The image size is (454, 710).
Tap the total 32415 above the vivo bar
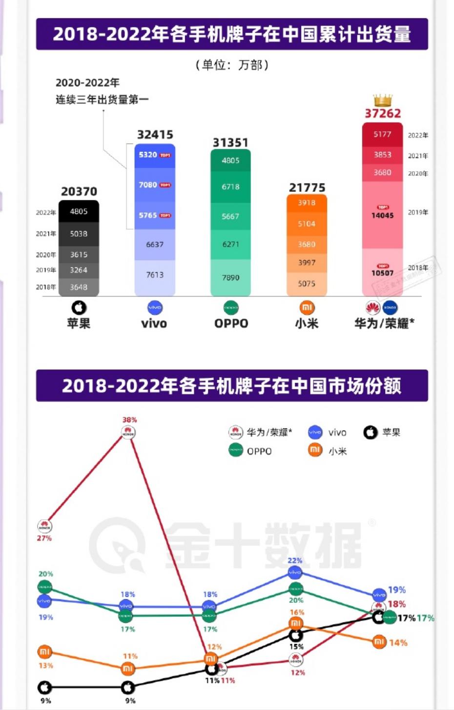[155, 135]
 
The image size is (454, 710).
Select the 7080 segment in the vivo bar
[154, 185]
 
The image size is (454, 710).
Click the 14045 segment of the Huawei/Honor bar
[382, 215]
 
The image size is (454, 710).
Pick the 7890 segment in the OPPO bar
[230, 277]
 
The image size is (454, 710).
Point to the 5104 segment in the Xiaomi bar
[307, 223]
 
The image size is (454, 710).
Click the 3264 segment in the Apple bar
[79, 270]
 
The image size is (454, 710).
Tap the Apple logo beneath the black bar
[79, 307]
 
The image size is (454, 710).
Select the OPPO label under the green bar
[231, 324]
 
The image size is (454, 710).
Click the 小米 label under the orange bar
[307, 324]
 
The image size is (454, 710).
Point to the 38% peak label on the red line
[129, 420]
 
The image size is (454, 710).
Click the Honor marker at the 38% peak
[128, 432]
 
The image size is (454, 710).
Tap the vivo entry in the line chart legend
[327, 432]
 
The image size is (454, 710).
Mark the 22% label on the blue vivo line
[295, 561]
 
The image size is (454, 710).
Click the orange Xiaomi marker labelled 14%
[379, 642]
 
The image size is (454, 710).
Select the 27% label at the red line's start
[44, 538]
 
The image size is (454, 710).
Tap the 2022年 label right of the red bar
[418, 135]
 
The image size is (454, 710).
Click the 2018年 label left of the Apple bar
[45, 287]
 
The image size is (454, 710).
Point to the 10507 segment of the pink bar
[382, 273]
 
